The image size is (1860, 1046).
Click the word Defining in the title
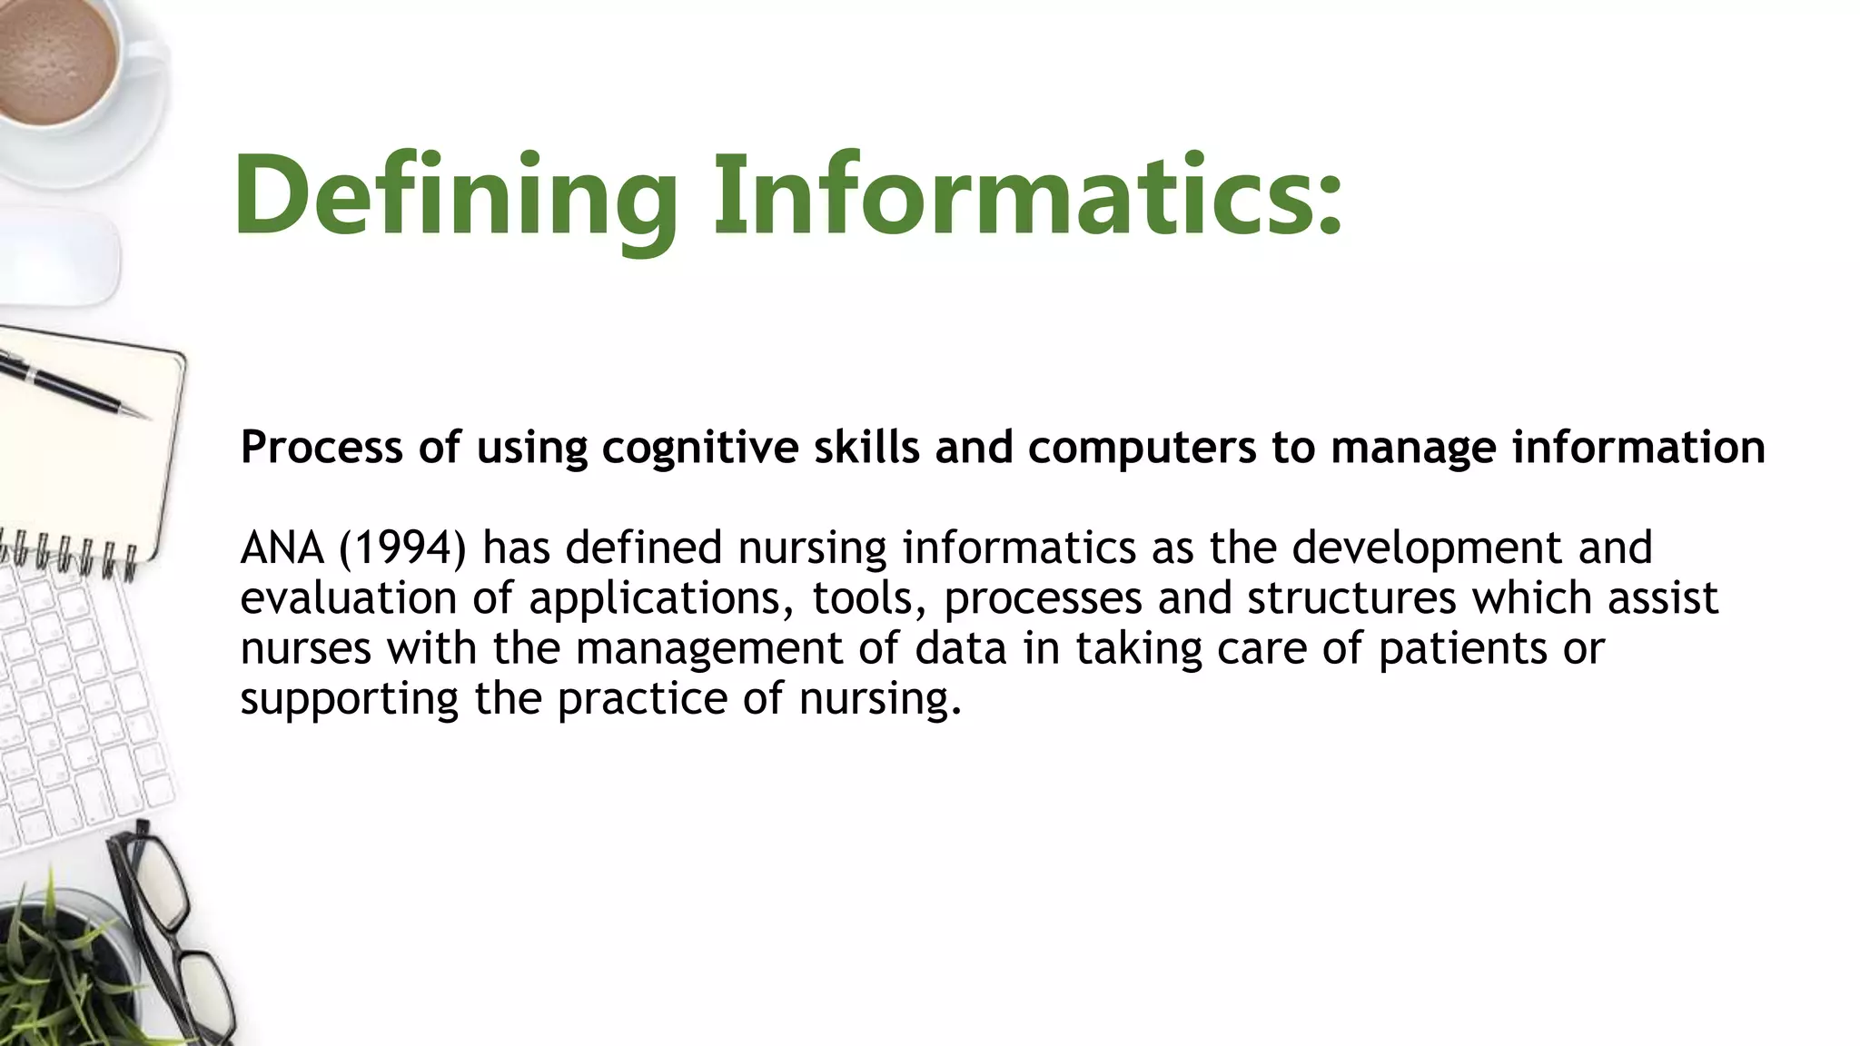pyautogui.click(x=454, y=196)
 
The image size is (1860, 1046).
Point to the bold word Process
pyautogui.click(x=321, y=448)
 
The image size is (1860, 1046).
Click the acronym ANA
pyautogui.click(x=282, y=548)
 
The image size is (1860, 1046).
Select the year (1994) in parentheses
pyautogui.click(x=402, y=548)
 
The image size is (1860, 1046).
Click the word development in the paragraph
pyautogui.click(x=1427, y=548)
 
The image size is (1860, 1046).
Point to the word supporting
pyautogui.click(x=349, y=700)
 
